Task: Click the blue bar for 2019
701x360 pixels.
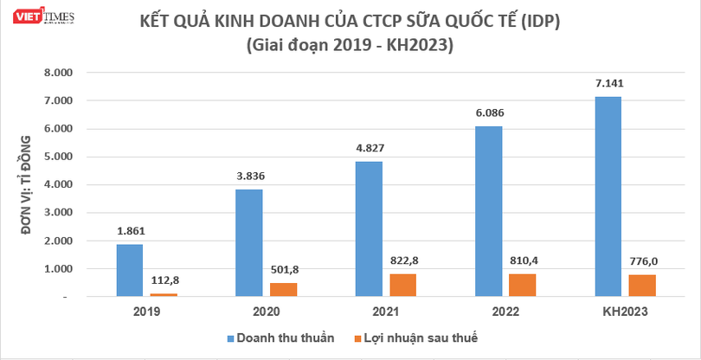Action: (130, 270)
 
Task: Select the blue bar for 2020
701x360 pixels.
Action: (249, 242)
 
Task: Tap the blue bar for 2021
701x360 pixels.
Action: (370, 228)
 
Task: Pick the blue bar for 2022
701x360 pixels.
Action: (489, 211)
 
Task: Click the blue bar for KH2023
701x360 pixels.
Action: (608, 196)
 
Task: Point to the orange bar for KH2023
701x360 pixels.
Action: (641, 286)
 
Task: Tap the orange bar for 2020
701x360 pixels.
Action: (282, 290)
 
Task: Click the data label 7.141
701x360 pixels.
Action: (608, 84)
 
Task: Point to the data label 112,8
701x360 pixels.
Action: (163, 280)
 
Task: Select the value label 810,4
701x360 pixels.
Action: (521, 259)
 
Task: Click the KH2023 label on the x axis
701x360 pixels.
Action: (625, 312)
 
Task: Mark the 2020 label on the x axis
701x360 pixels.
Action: (266, 312)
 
